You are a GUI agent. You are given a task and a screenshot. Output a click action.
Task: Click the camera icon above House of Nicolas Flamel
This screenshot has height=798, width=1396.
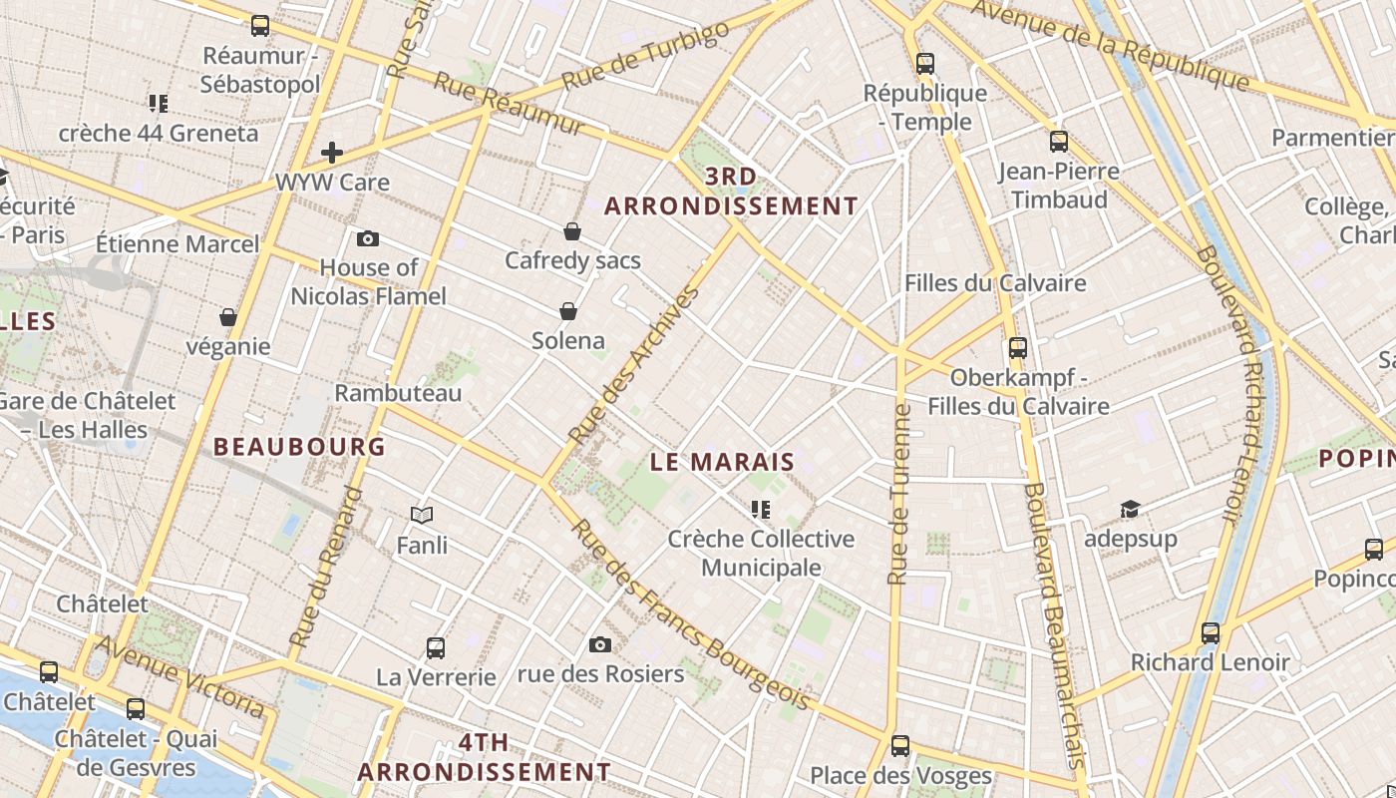368,238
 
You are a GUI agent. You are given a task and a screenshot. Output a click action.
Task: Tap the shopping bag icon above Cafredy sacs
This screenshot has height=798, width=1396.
572,231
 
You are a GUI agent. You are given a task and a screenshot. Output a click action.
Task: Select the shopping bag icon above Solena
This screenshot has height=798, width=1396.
568,311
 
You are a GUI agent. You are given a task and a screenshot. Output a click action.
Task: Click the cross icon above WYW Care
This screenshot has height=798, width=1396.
332,153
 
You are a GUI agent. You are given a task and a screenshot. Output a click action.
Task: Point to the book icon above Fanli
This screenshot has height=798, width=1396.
422,515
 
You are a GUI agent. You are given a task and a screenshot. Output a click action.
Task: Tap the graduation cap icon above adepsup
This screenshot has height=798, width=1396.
1130,510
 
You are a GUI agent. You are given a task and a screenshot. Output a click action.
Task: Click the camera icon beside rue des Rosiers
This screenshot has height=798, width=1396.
600,644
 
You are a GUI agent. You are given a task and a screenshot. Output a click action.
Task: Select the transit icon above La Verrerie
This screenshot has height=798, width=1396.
435,647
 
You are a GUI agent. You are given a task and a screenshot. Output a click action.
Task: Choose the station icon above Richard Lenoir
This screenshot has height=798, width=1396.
1211,632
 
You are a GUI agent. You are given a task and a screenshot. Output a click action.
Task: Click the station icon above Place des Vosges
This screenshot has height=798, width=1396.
900,745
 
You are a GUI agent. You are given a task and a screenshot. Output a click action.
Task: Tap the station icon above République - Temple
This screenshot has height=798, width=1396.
925,64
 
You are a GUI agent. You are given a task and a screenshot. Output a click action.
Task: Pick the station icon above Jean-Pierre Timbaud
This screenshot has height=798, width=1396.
1059,142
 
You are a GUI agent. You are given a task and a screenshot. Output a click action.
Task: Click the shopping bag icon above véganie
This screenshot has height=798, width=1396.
228,317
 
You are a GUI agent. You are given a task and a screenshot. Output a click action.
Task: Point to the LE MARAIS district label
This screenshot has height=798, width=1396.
722,462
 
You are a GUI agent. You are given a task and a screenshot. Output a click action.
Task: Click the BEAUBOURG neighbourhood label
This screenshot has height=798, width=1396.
299,446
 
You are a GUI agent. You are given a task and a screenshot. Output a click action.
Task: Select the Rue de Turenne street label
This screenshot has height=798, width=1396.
899,494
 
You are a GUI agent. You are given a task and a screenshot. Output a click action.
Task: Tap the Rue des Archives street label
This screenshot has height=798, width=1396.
634,366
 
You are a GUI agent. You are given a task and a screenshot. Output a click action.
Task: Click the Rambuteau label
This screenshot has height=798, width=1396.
398,393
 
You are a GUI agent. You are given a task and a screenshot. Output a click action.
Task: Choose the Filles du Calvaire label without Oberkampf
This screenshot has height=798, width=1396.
995,283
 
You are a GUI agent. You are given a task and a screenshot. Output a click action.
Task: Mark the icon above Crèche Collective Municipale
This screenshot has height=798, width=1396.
761,510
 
